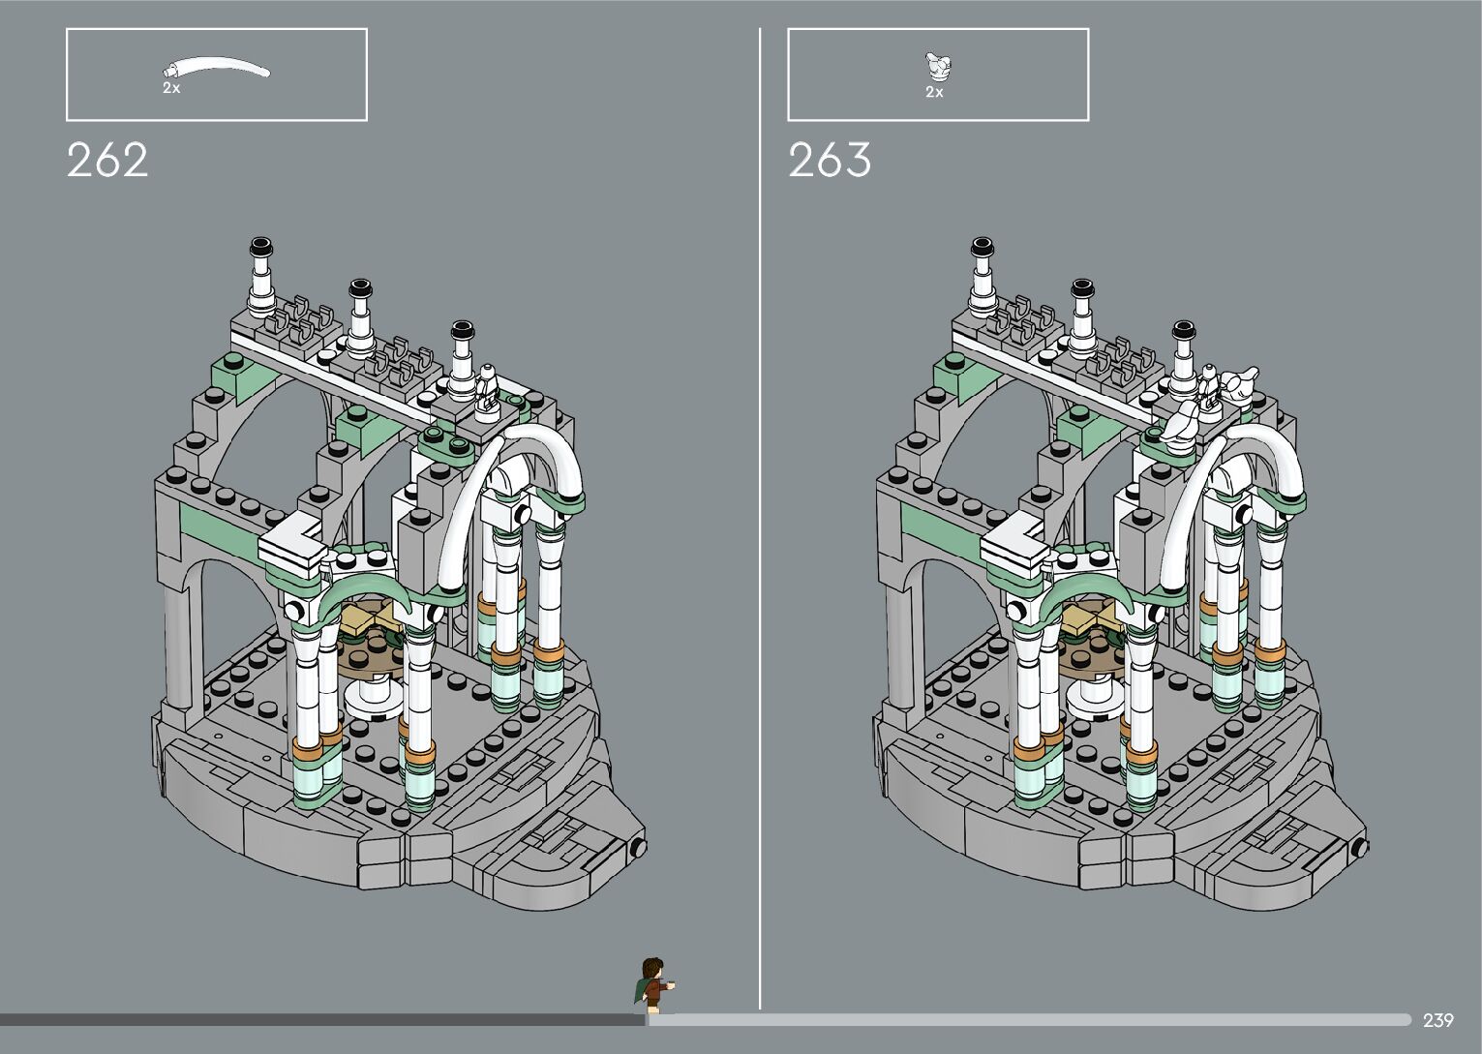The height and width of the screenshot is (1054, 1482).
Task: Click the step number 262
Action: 107,160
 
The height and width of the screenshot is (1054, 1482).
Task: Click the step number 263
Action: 830,160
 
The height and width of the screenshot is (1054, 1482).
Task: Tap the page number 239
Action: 1438,1020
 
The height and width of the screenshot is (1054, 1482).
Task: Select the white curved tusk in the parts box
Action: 216,67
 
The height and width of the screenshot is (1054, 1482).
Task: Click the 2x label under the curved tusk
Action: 171,88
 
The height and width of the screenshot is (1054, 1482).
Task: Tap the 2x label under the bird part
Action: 934,93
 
